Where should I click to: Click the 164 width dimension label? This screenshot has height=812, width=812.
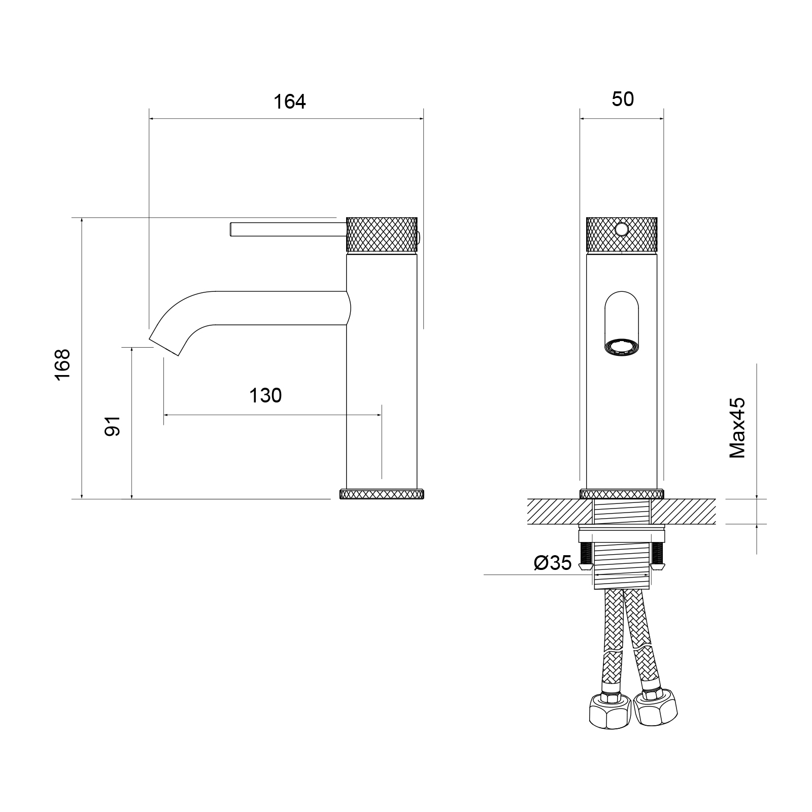(290, 102)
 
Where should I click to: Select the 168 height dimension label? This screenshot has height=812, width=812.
(62, 364)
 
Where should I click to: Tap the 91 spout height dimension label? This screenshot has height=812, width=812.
(112, 425)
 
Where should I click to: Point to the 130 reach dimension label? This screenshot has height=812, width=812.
(265, 395)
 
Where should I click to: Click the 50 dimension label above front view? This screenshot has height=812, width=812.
(623, 99)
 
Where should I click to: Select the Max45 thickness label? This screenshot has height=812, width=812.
(737, 428)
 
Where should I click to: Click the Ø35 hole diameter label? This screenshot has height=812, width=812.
(553, 563)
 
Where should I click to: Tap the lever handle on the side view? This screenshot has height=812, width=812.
(287, 229)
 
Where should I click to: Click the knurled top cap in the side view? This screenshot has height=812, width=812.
(382, 234)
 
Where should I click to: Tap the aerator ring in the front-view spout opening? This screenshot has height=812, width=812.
(622, 349)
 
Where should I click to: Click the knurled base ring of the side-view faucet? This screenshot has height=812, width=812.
(381, 494)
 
